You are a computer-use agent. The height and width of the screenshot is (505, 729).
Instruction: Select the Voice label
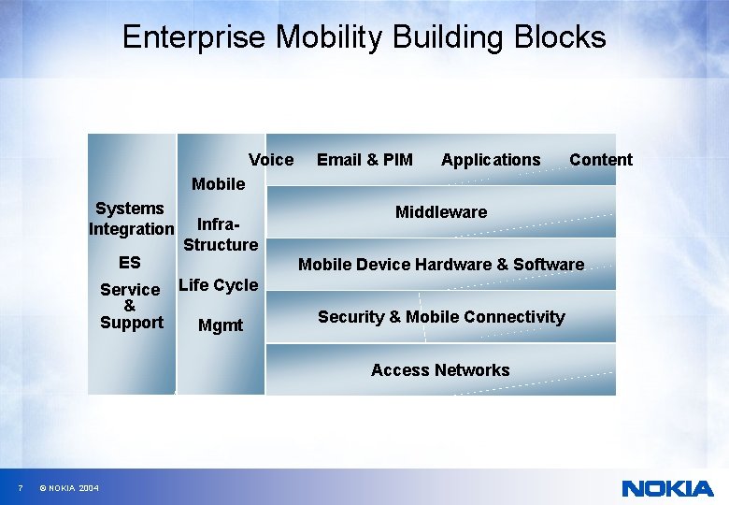pos(271,160)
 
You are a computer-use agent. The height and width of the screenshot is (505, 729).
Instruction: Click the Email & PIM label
pos(364,160)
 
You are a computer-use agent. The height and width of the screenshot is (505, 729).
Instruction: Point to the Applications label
pos(491,160)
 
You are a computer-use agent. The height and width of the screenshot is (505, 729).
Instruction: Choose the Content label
pos(601,160)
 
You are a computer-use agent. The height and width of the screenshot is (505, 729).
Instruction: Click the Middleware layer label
pos(441,212)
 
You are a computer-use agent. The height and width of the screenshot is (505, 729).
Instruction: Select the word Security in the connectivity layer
pos(351,317)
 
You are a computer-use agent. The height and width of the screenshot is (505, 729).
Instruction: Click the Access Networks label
pos(440,370)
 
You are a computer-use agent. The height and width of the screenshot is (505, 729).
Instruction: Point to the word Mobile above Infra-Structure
pos(219,184)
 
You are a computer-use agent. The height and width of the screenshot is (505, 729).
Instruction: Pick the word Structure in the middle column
pos(221,245)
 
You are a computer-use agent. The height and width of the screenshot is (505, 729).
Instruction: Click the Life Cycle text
pos(218,285)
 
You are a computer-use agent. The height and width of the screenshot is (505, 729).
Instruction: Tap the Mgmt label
pos(221,325)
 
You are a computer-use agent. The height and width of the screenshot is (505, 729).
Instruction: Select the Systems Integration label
pos(131,218)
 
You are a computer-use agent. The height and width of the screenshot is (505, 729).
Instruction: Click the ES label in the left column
pos(130,263)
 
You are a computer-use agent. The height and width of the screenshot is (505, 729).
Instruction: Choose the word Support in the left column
pos(132,323)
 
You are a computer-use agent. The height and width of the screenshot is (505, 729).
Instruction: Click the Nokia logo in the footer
pos(667,488)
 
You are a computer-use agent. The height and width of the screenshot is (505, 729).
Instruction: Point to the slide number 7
pos(20,489)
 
